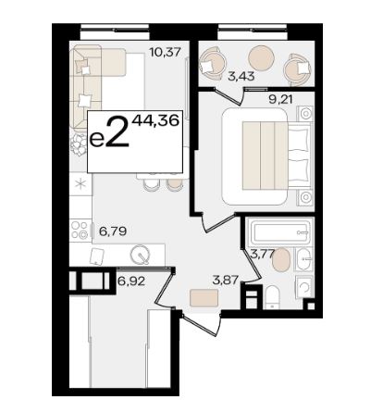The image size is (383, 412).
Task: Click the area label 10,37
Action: pos(165,52)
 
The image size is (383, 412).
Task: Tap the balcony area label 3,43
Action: pos(241,76)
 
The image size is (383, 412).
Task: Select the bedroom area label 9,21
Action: pos(280,99)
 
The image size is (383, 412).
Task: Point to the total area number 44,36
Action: pos(155,120)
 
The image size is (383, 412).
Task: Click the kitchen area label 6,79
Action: pos(113,231)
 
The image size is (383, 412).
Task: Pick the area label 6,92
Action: pos(131,281)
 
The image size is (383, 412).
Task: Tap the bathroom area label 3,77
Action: pos(262,255)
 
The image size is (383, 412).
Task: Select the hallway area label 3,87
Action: pos(226,281)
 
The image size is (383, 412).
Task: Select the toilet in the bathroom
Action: pos(272,297)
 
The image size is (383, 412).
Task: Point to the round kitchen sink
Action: pos(141,255)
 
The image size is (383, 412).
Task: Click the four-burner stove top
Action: pos(80,230)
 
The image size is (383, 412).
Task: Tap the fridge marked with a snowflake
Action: pos(80,184)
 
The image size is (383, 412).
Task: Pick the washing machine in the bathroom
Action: pos(304,287)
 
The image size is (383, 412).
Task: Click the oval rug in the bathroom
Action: pos(281,260)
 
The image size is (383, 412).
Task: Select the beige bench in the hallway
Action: pos(204,298)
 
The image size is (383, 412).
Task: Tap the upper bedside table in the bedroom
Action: pos(305,114)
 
